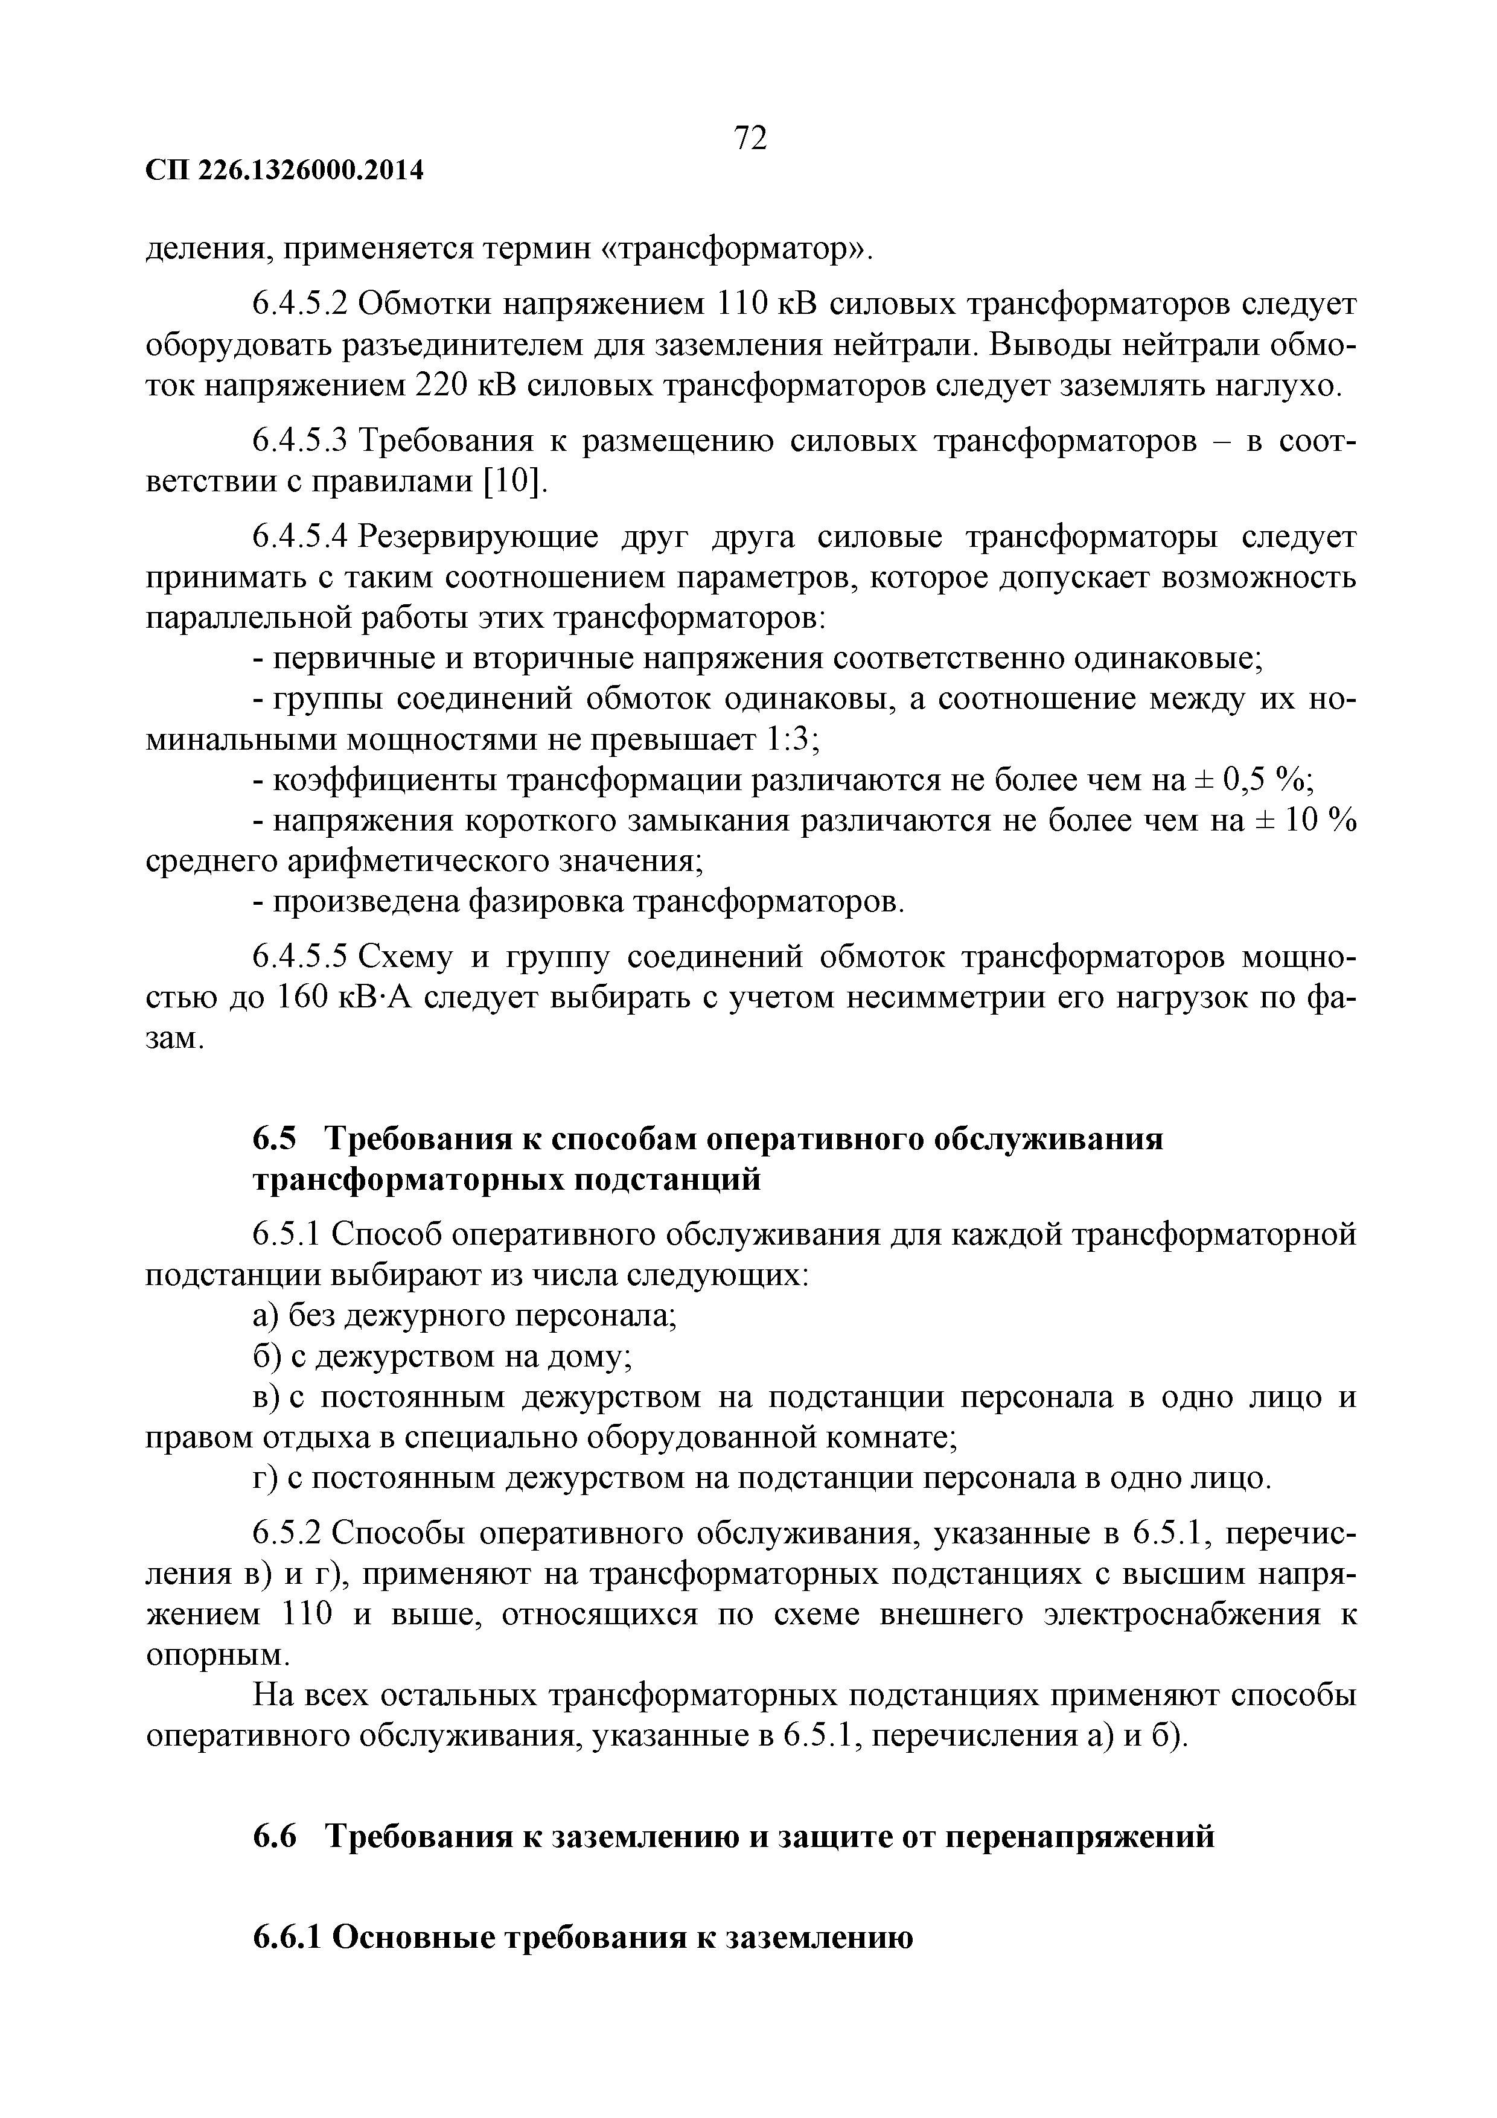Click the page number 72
(750, 138)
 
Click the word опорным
(219, 1655)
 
